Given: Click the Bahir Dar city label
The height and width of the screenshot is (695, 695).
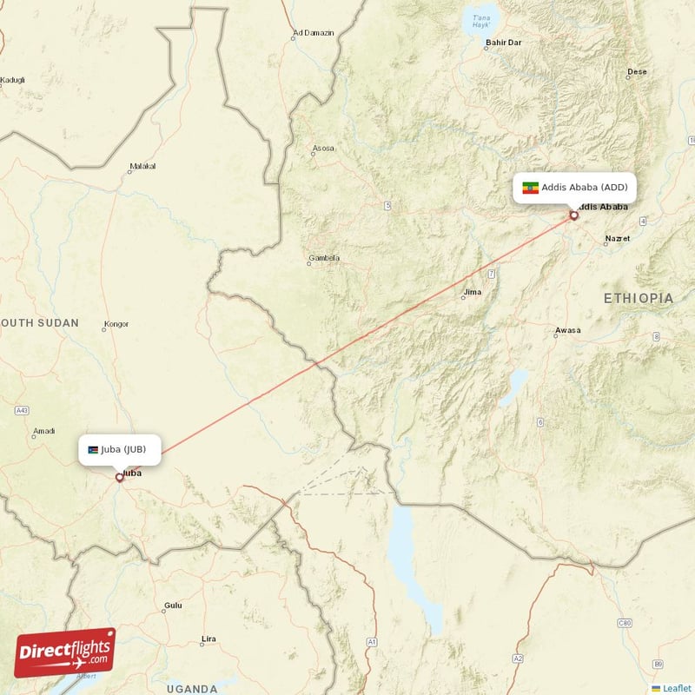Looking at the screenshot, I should coord(504,42).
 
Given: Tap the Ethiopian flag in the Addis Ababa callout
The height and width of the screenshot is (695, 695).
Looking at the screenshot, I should coord(529,188).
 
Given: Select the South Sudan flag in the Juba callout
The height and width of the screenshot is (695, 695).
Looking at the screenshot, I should coord(93,449).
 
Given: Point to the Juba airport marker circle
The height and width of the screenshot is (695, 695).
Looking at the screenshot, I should coord(119,477).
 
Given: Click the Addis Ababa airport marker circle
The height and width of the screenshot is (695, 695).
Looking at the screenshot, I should coord(573,215).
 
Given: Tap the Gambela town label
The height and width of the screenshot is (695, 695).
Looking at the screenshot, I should coord(323,258).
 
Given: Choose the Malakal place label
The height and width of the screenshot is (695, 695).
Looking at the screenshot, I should coord(142,166).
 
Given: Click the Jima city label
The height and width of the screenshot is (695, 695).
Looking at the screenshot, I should coord(472,293).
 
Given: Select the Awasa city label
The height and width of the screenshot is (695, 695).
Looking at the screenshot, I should coord(567,330).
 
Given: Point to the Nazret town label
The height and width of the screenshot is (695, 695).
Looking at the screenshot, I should coord(618,237).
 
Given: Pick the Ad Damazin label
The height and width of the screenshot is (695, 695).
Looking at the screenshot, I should coord(314,34).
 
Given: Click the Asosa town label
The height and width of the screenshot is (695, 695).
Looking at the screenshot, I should coord(322,149).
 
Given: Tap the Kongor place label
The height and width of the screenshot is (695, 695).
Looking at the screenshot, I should coord(116,325).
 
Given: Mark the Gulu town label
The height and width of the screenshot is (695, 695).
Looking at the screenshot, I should coord(174,606).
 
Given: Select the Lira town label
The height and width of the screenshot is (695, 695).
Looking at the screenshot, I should coord(208,639).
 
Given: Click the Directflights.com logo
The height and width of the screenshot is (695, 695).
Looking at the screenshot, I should coord(64,652).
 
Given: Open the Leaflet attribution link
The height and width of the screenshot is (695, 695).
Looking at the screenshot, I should coord(675,688).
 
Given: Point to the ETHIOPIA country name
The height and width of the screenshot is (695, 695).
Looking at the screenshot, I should coord(639,298).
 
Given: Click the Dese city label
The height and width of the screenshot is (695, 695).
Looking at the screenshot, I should coord(637,72).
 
